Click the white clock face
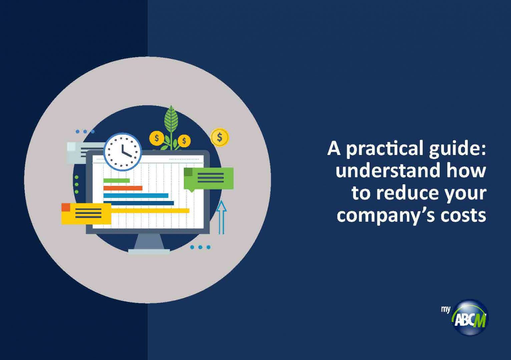pos(123,152)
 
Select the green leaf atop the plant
pos(171,119)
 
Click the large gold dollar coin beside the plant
pos(219,137)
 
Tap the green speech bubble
pos(208,179)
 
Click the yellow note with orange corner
pos(86,214)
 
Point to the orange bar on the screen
pos(123,188)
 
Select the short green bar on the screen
pos(116,181)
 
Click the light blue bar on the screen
pos(136,196)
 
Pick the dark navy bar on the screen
pos(139,203)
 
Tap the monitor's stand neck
pos(149,241)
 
